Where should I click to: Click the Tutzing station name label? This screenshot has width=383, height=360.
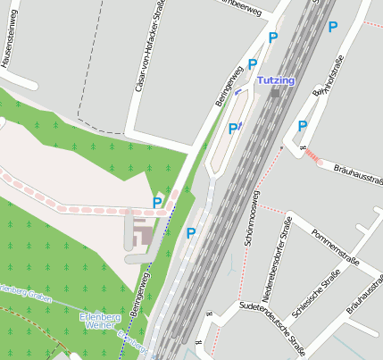(x=275, y=80)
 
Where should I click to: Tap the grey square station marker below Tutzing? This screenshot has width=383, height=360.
(x=276, y=92)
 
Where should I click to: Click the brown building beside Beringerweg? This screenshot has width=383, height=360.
(x=141, y=235)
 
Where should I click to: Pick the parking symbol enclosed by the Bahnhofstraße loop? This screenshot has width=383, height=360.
(x=303, y=126)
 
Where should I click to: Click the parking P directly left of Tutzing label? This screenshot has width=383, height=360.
(x=253, y=64)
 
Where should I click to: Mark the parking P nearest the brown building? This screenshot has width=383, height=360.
(x=157, y=203)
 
